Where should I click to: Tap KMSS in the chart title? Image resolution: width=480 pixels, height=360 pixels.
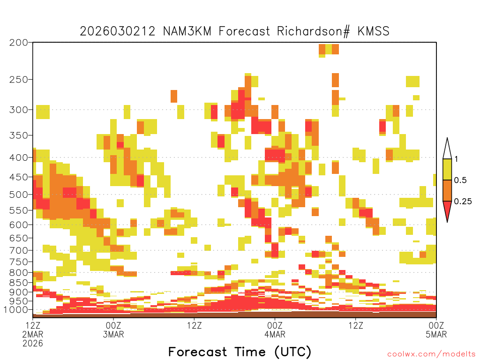click(374, 31)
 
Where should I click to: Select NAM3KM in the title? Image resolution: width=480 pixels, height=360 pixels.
click(187, 31)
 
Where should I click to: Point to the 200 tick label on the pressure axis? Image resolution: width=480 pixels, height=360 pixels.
click(19, 43)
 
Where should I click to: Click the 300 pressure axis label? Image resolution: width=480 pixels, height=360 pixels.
click(19, 110)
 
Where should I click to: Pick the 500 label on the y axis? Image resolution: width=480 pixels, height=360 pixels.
click(19, 195)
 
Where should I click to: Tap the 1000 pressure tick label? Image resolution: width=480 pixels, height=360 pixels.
click(15, 310)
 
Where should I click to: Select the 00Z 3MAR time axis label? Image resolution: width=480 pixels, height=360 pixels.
click(113, 330)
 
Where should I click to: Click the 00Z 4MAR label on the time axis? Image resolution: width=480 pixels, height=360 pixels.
click(275, 330)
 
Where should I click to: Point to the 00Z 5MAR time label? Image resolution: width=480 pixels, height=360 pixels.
click(436, 330)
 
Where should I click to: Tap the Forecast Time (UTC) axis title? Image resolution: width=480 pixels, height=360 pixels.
click(240, 352)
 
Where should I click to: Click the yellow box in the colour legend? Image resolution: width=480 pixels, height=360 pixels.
click(447, 169)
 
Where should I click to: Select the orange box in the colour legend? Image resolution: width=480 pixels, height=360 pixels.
click(447, 190)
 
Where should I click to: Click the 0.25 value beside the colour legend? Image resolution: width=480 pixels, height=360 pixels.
click(463, 202)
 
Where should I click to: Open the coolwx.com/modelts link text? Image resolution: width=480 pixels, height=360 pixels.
click(432, 354)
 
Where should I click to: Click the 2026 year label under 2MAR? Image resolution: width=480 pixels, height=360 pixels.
click(33, 344)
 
